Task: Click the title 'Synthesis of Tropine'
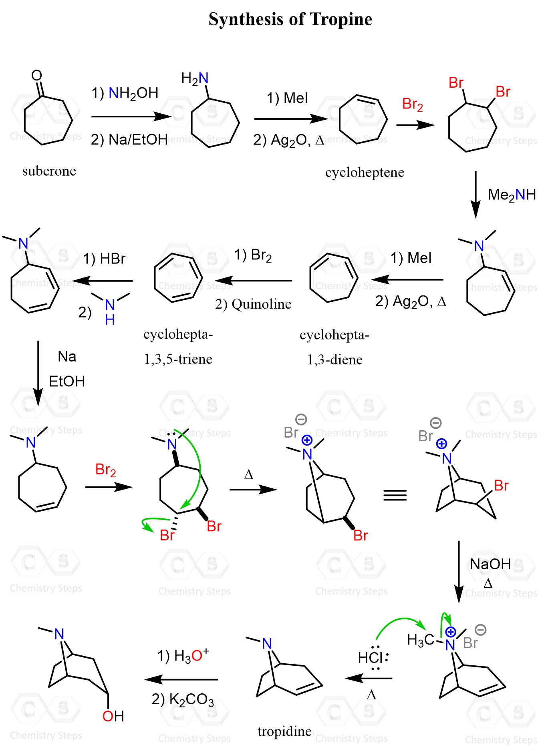coord(290,19)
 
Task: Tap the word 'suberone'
coord(49,171)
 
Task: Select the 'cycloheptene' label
coord(365,173)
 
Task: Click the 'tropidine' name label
coord(284,731)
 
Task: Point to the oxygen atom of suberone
coord(36,75)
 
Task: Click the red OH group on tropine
coord(113,716)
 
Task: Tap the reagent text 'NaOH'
coord(490,564)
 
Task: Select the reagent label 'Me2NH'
coord(512,195)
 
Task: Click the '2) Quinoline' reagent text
coord(253,304)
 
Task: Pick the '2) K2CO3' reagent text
coord(183,699)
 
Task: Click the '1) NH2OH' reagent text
coord(125,93)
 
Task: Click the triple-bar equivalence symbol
coord(395,496)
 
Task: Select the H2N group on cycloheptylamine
coord(195,78)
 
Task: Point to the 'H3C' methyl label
coord(420,640)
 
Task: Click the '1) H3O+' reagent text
coord(183,655)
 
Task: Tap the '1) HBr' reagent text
coord(104,259)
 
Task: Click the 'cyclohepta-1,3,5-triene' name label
coord(178,347)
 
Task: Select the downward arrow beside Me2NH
coord(476,195)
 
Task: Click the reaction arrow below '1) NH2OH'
coord(131,116)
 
